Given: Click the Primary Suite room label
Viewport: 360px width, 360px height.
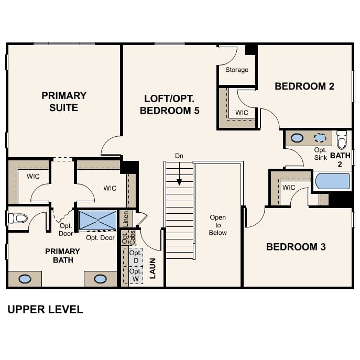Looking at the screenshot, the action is click(64, 102).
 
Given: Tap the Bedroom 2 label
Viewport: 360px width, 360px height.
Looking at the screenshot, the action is click(304, 86).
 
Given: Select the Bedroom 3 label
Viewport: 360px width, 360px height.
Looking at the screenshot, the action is click(296, 247).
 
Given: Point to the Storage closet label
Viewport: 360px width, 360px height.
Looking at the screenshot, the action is click(237, 70).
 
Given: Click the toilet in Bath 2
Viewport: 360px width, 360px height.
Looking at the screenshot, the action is click(342, 139).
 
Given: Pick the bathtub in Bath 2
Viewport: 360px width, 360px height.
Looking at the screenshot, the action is click(332, 181).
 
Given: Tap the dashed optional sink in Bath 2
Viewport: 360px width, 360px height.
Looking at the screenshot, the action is click(320, 137).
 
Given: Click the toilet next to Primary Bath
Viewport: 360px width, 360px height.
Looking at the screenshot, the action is click(18, 218).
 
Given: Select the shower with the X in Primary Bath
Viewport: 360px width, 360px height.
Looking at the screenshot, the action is click(97, 220).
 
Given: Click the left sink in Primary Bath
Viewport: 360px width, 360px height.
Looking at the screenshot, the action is click(25, 279).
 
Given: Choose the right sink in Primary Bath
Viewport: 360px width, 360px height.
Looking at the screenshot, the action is click(100, 279).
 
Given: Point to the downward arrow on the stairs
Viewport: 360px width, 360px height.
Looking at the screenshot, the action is click(179, 174).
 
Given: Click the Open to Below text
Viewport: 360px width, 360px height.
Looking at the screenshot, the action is click(217, 225).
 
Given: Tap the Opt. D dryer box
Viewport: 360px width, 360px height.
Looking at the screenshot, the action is click(136, 257).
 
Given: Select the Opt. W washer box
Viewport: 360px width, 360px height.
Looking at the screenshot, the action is click(136, 275).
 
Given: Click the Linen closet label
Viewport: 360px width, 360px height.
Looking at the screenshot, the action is click(126, 219).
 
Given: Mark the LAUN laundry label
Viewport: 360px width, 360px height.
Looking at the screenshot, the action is click(152, 268).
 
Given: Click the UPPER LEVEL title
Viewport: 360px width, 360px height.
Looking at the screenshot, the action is click(45, 309).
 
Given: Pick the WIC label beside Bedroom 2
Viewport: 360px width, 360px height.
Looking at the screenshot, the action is click(242, 113).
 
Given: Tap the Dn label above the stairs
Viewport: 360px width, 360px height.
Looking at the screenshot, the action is click(179, 156).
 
